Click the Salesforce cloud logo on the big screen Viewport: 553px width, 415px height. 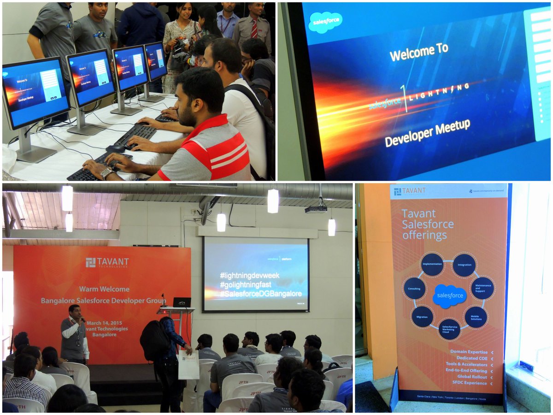(x=325, y=22)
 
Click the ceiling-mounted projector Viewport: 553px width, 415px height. (x=316, y=209)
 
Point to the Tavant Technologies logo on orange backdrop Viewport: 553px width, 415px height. (x=107, y=263)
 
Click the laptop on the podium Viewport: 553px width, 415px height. (x=182, y=302)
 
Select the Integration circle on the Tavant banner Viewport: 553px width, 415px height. (x=464, y=265)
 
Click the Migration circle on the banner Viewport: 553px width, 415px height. (x=422, y=317)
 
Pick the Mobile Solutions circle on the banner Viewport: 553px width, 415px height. (x=476, y=317)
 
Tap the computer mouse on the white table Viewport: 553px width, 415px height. (x=115, y=148)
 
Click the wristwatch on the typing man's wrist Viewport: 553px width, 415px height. (x=107, y=173)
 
